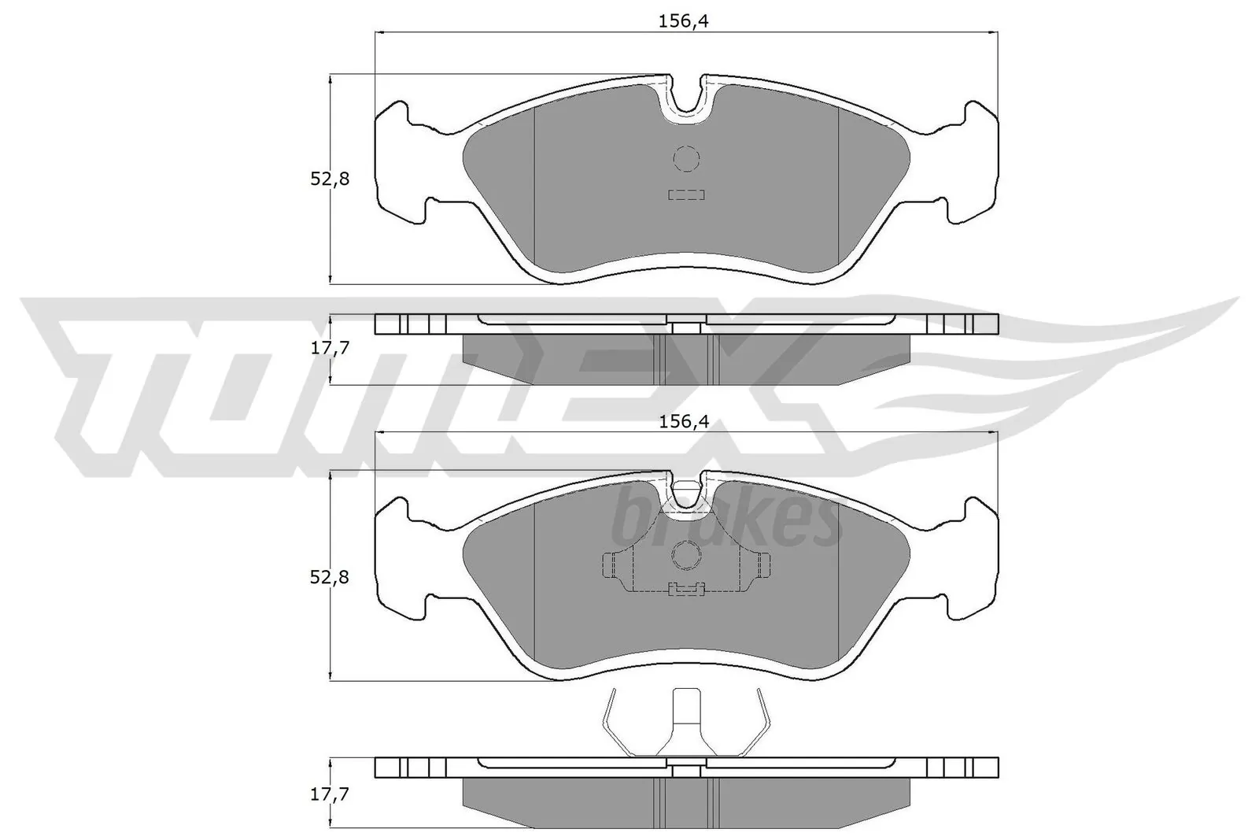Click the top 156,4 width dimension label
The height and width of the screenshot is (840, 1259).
(683, 22)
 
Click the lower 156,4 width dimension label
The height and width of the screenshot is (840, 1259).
(683, 422)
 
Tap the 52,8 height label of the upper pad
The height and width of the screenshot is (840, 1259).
(329, 179)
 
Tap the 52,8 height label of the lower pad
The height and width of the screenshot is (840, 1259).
(329, 578)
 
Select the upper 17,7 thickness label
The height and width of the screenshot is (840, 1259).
(329, 348)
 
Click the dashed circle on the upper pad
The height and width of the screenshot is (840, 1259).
(686, 159)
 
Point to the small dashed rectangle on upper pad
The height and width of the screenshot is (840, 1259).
(686, 194)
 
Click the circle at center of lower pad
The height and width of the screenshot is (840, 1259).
(686, 557)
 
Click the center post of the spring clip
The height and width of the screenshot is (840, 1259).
(686, 712)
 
